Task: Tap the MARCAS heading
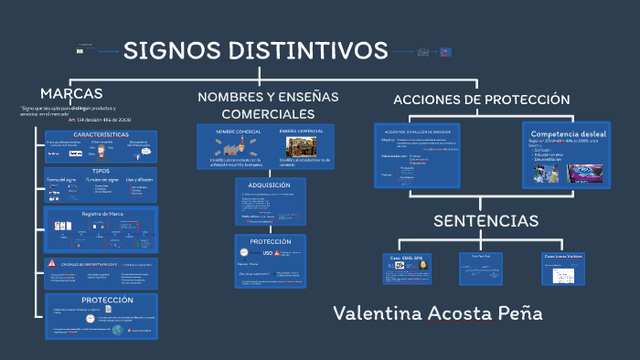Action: pyautogui.click(x=71, y=93)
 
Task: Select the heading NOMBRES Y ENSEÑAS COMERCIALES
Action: pyautogui.click(x=268, y=105)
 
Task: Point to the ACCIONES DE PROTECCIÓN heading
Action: pyautogui.click(x=481, y=100)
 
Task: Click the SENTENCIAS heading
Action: pyautogui.click(x=485, y=221)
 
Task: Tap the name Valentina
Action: pyautogui.click(x=377, y=313)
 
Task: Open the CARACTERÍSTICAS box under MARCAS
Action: pyautogui.click(x=101, y=134)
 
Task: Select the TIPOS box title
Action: pyautogui.click(x=101, y=171)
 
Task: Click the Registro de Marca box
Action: pyautogui.click(x=101, y=213)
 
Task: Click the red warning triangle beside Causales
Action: pyautogui.click(x=52, y=263)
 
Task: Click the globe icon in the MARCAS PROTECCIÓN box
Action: pyautogui.click(x=117, y=329)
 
